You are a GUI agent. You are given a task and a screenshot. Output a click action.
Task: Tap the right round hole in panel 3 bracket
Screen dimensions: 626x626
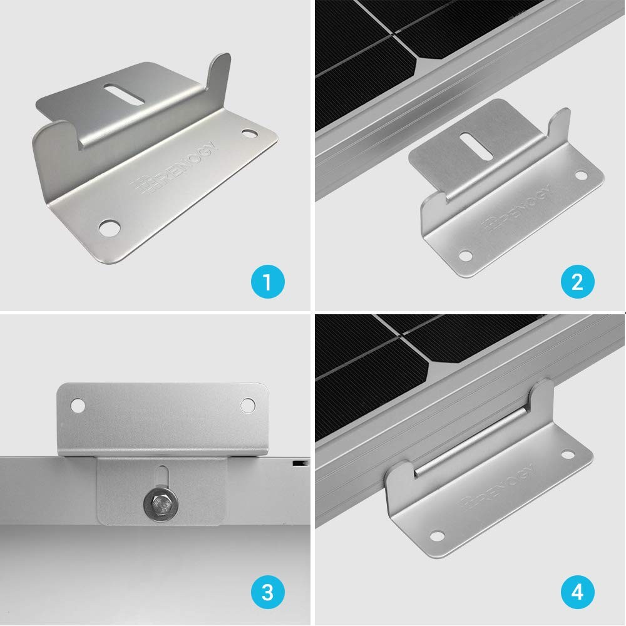click(249, 405)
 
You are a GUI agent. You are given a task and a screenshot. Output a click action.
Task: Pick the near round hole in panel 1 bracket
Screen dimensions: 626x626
click(111, 225)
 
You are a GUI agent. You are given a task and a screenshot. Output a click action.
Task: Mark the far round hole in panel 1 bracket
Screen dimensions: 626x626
click(249, 134)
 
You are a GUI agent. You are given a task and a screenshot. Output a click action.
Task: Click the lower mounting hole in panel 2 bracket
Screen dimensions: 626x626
click(465, 255)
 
